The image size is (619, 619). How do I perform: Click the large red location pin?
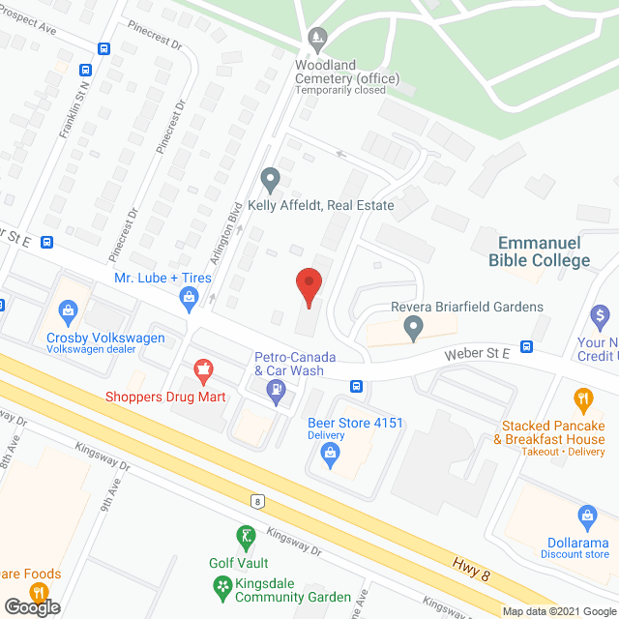pos(308,285)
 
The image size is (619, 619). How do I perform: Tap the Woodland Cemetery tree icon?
pos(316,40)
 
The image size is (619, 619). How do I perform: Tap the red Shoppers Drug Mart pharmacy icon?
pos(203,368)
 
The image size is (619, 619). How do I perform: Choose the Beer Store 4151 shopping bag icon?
pos(330,451)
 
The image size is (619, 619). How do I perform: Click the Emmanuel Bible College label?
pos(544,251)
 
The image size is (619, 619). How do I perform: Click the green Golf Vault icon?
pos(245,536)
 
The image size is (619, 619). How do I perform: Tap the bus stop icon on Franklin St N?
pos(86,71)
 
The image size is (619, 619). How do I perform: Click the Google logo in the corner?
pos(31,607)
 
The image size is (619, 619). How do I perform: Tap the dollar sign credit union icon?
pos(601,314)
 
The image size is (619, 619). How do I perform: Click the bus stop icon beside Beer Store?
pos(357,388)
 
